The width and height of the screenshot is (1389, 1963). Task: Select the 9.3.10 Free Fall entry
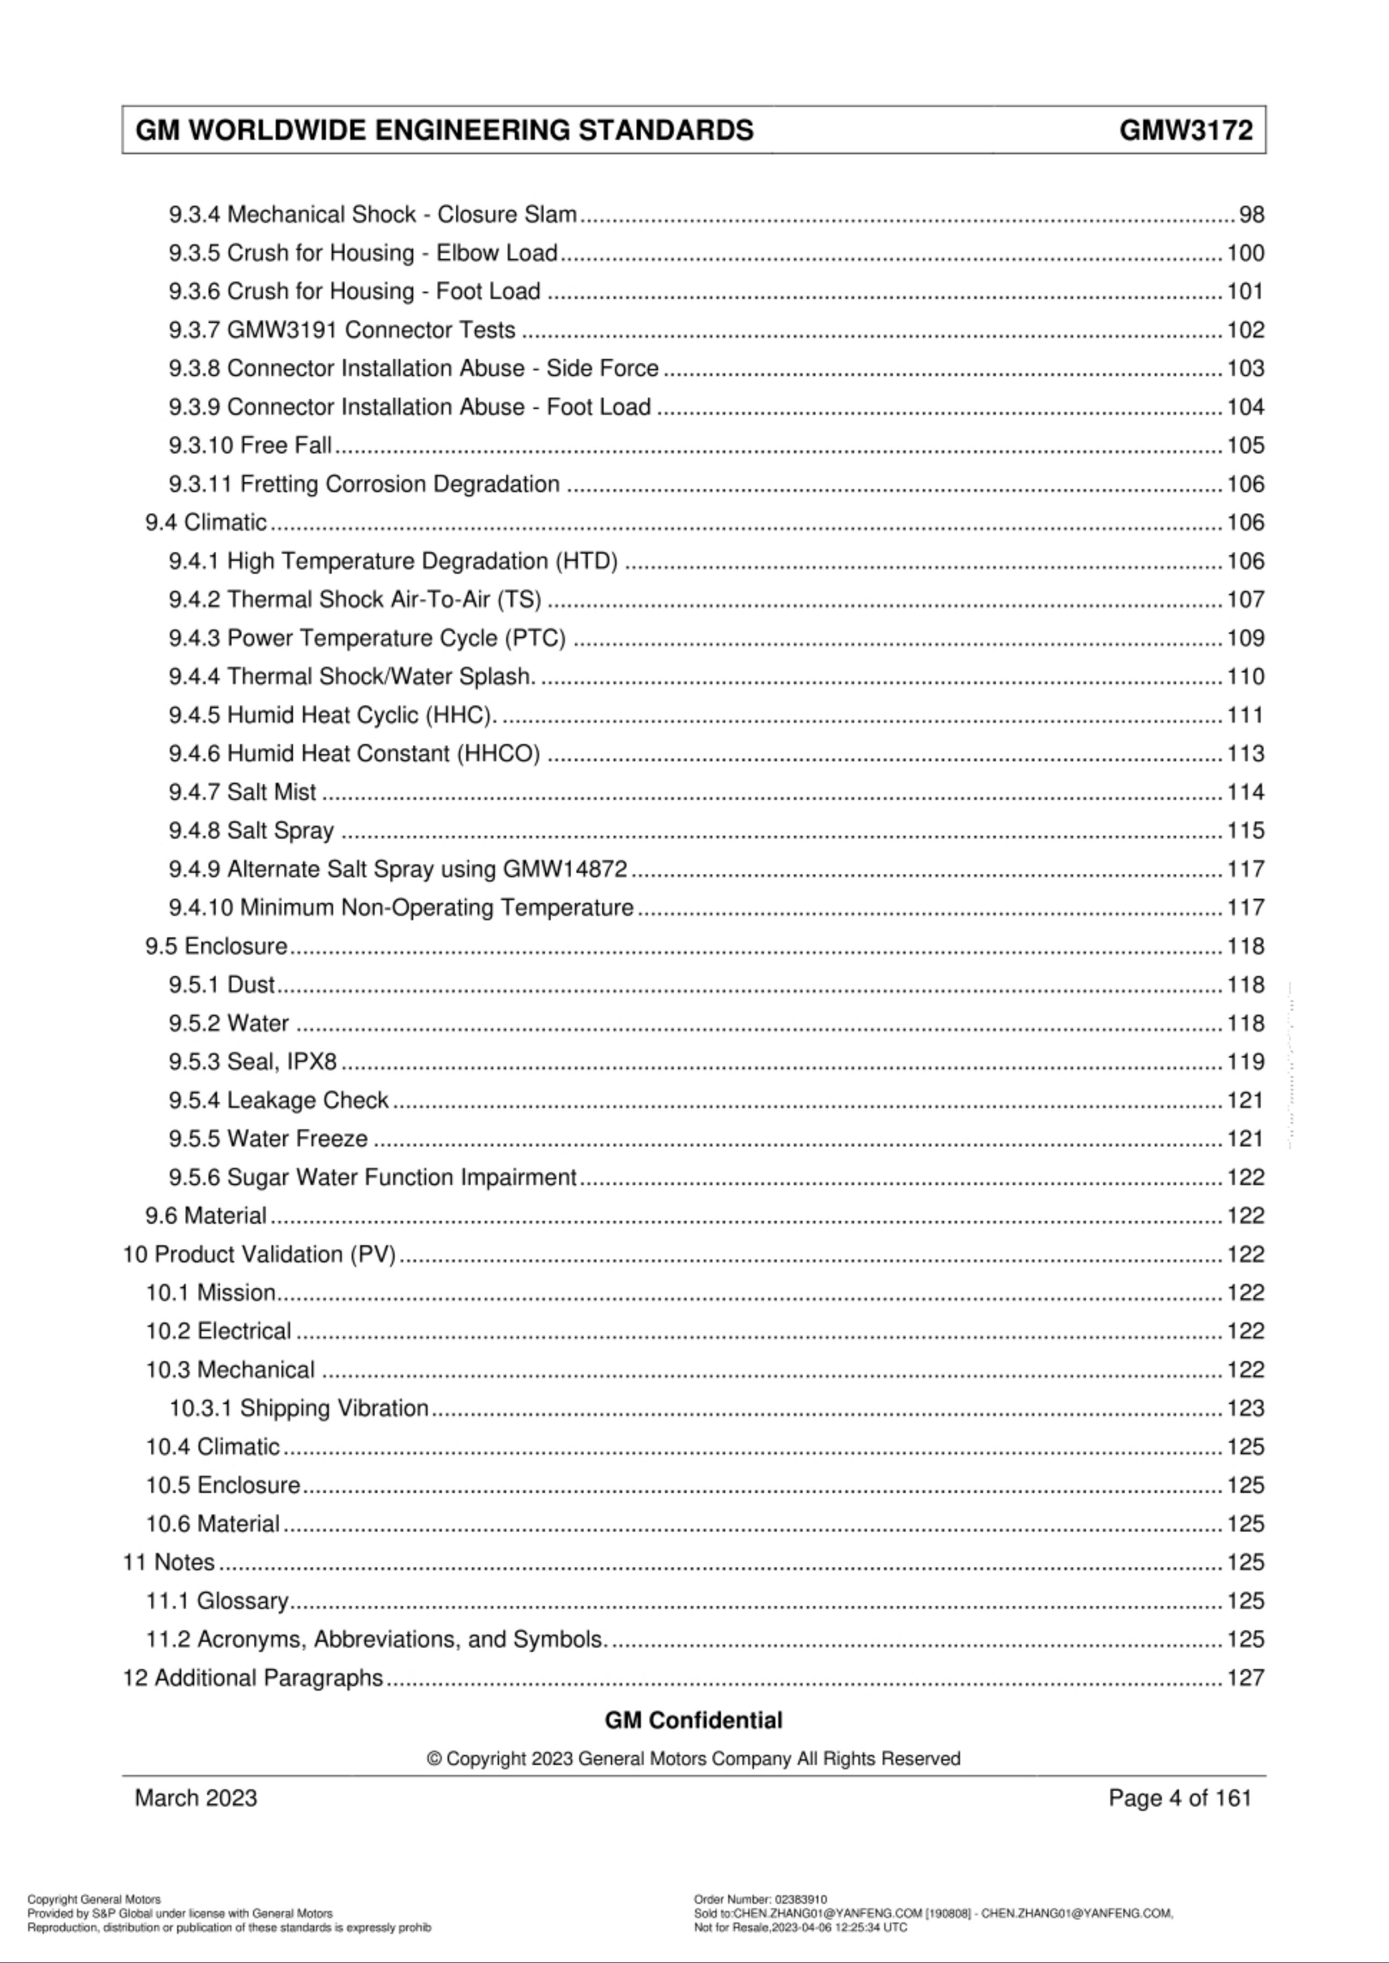250,446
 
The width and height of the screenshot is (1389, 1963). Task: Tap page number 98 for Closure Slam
1251,215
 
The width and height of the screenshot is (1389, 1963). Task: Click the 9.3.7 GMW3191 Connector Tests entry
342,330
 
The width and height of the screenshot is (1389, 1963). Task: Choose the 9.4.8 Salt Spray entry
251,830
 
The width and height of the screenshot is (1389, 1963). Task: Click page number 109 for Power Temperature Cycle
1245,638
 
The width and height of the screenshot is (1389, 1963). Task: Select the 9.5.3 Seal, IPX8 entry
252,1061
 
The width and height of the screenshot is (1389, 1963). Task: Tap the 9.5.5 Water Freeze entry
268,1139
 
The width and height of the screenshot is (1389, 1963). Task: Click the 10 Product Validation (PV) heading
259,1254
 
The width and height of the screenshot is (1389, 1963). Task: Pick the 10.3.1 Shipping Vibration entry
298,1408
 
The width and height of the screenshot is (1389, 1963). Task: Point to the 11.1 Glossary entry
217,1600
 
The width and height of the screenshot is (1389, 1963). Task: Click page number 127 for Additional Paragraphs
1245,1677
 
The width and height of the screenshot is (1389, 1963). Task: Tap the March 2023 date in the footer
196,1797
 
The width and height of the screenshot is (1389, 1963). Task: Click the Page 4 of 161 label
1180,1797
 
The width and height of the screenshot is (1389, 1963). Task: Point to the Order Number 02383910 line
761,1899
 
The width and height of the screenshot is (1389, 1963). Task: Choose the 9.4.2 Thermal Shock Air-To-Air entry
355,600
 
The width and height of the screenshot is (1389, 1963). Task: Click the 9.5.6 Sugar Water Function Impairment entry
372,1177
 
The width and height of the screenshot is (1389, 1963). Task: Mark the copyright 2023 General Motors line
693,1758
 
